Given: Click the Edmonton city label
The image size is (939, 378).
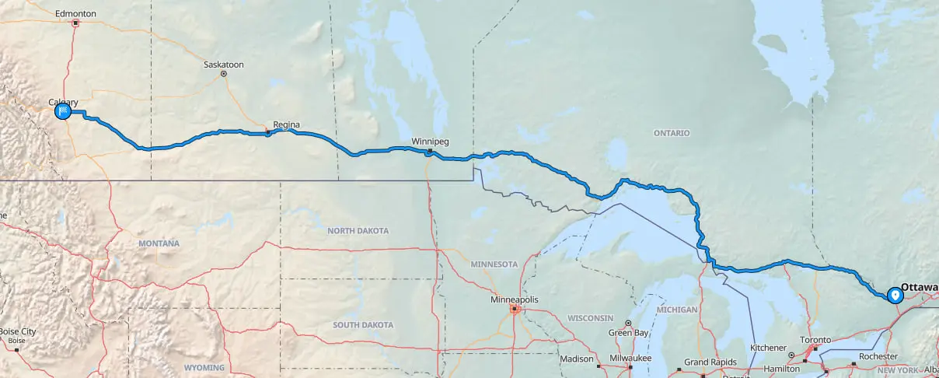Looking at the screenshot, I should coord(76,14).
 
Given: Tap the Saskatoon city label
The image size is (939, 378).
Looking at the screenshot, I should coord(223,64).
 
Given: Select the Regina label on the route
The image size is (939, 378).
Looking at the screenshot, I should coord(285,124).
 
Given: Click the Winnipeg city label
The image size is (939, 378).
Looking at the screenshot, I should coord(430,142).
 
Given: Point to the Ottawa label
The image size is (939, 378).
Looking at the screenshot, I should coord(920,287).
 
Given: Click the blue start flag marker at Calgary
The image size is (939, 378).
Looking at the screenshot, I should coord(63,112).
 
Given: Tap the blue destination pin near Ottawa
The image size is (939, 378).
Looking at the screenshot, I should coord(895,295).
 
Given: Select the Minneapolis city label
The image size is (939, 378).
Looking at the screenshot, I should coord(515,299).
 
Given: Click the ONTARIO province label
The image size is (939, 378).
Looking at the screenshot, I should coord(672,133).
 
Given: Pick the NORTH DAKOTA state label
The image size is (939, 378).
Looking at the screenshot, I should coord(358,231).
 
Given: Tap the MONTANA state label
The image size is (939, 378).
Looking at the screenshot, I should coord(159,243).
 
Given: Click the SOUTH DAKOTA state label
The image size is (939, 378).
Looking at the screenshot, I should coord(363,324).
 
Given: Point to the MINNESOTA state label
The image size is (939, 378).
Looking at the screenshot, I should coord(494,264).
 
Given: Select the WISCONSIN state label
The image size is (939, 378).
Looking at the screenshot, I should coord(592,318).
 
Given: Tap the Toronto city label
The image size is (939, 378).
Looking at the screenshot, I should coord(815,340).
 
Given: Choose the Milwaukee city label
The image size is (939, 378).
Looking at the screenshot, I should coord(630,359).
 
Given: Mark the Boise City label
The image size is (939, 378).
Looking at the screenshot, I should coord(17,331).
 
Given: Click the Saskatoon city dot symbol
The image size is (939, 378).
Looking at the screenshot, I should coord(223,74).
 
